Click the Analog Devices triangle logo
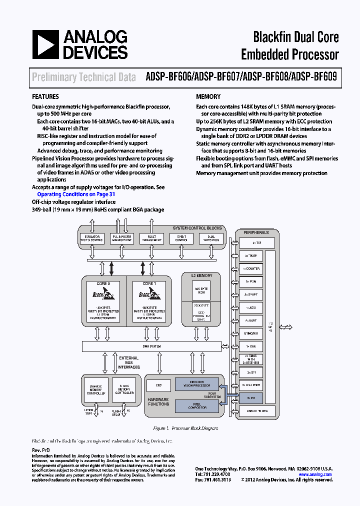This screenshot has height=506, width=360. pos(46,44)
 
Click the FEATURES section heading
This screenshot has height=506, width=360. pos(45,96)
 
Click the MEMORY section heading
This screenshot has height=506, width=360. pos(208,96)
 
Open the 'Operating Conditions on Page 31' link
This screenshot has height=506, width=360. pos(76,194)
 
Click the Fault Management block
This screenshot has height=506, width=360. pos(151,238)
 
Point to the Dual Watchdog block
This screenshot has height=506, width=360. pos(210,238)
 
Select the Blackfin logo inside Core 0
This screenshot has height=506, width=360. pos(103,294)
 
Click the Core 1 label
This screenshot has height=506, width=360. pos(148,283)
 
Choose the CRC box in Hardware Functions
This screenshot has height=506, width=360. pos(158,385)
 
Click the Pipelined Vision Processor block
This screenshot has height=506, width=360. pos(196,384)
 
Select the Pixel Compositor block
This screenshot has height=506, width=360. pos(196,405)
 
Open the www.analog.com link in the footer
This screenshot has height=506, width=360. pos(315,474)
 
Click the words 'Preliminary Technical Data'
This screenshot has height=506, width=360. pos(83,77)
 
